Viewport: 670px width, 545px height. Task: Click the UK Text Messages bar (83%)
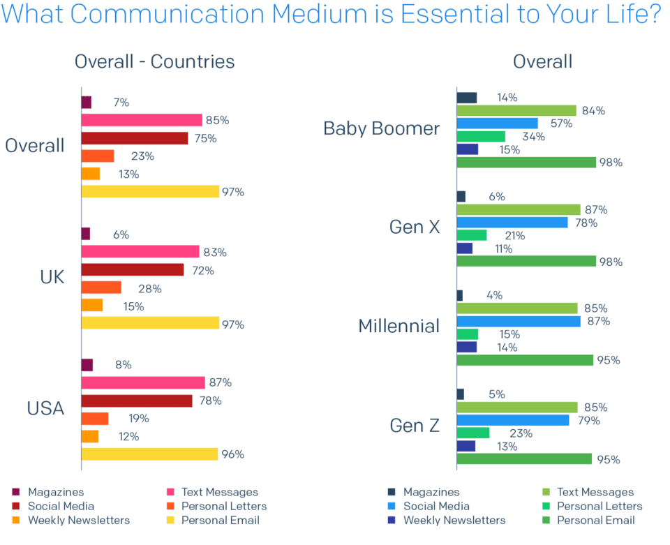140,251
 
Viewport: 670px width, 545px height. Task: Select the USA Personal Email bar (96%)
149,454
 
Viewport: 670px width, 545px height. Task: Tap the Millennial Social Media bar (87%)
519,321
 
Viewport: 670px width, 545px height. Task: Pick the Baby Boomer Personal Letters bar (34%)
481,136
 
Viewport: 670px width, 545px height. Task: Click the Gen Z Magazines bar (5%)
460,394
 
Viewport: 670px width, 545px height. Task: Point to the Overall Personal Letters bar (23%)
98,156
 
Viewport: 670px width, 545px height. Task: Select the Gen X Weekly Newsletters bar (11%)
465,248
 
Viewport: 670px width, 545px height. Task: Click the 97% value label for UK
232,324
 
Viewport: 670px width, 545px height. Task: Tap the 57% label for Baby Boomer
561,124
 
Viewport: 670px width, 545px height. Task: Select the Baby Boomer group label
381,128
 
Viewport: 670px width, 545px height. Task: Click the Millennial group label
399,326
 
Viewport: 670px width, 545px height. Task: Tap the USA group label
45,408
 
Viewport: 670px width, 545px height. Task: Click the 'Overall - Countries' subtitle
154,61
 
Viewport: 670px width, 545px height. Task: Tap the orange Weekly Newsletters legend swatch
15,520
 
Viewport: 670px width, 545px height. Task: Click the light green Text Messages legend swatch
545,493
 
